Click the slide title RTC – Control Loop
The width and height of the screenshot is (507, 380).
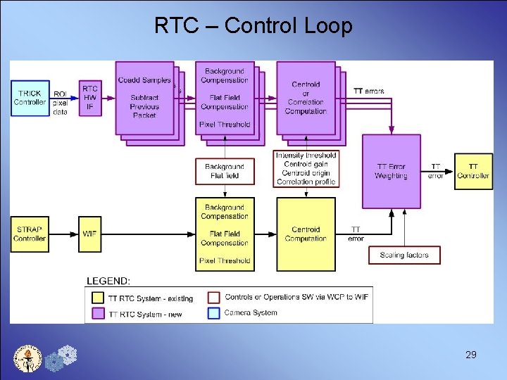click(x=254, y=26)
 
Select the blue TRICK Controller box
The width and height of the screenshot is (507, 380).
click(x=30, y=98)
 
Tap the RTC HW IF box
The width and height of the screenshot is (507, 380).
click(x=90, y=98)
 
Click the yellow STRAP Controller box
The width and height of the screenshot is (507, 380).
click(x=30, y=234)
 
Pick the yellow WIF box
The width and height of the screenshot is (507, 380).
click(x=89, y=234)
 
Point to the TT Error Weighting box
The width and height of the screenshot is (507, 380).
click(x=391, y=171)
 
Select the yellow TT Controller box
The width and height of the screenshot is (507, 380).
click(x=473, y=171)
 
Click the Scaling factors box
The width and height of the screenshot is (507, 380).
click(x=404, y=255)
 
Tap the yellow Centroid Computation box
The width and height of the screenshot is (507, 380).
click(x=306, y=234)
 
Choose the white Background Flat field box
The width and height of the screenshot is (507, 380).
click(x=224, y=171)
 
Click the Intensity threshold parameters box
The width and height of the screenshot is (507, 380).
click(x=306, y=169)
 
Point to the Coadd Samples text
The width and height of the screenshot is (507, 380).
click(x=144, y=80)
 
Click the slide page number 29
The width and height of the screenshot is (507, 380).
click(x=471, y=355)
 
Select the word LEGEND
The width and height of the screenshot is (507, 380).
click(x=108, y=281)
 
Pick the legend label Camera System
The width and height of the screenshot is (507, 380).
click(x=251, y=312)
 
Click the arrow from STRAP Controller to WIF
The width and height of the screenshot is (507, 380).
click(x=64, y=234)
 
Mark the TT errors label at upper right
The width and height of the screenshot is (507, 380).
click(x=369, y=91)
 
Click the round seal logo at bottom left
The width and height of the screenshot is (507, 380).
click(x=28, y=357)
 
